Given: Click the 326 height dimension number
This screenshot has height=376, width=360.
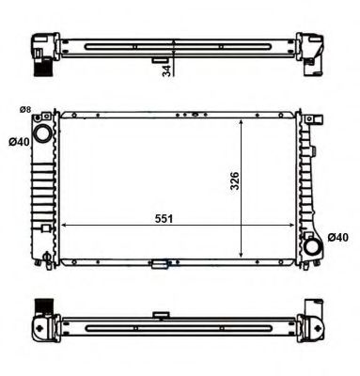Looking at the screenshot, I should click(x=235, y=180).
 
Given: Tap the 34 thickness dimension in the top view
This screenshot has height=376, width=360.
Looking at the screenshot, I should click(x=166, y=70).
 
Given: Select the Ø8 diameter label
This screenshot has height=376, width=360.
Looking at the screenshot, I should click(x=24, y=111).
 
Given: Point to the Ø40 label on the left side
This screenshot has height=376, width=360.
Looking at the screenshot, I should click(x=16, y=143).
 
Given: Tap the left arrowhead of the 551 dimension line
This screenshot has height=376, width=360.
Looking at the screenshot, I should click(x=65, y=226).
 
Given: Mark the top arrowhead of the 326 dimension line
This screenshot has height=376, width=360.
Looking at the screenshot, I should click(x=244, y=121).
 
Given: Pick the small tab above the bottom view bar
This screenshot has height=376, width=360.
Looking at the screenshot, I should click(x=161, y=315).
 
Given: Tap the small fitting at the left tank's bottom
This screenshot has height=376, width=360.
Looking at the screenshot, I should click(x=43, y=256).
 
